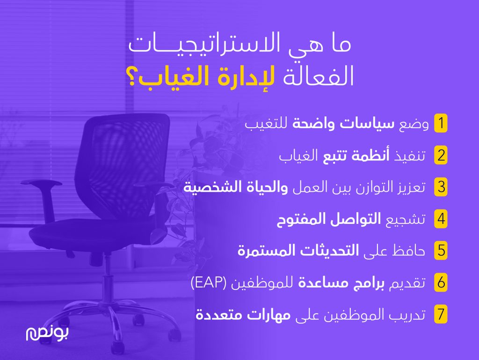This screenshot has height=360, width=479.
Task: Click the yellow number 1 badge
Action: [x=441, y=123]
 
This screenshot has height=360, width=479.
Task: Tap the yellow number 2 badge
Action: [x=441, y=155]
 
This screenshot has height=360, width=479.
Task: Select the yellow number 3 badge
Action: [x=441, y=187]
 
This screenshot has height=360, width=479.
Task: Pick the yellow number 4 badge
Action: [x=441, y=219]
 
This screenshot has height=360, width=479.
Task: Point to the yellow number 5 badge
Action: [x=441, y=251]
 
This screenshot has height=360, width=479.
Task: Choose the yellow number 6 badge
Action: [x=441, y=282]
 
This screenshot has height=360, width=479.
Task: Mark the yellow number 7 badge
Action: [x=441, y=314]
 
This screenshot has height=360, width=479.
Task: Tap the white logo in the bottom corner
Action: [x=47, y=333]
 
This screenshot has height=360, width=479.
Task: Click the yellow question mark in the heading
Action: [x=132, y=78]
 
